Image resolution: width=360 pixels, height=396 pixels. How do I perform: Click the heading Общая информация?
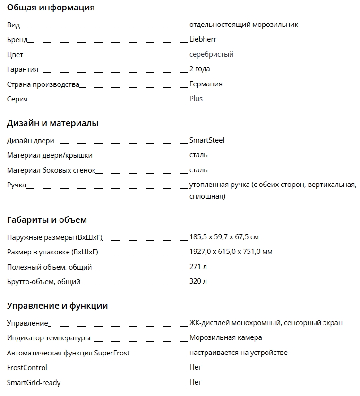point(51,8)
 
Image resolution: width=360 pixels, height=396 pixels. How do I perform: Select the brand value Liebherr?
point(203,39)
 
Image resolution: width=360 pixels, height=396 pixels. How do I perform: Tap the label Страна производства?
point(43,84)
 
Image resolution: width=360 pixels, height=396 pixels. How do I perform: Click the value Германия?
point(206,84)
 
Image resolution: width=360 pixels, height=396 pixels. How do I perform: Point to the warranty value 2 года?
point(199,69)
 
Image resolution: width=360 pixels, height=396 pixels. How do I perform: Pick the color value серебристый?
point(211,54)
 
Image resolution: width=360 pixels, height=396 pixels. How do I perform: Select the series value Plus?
point(196,99)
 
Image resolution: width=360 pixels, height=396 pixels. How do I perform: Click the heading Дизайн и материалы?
point(52,124)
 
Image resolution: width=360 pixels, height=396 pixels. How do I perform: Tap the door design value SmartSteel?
point(206,140)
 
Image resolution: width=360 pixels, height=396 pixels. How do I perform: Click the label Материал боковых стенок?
point(51,170)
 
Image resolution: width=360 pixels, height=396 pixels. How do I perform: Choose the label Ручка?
point(17,185)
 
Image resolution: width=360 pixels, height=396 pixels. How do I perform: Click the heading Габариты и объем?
point(47,220)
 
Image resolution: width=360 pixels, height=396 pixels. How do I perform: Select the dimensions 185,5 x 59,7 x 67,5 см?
point(224,237)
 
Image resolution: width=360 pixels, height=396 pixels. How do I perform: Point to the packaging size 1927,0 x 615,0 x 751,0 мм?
point(231,252)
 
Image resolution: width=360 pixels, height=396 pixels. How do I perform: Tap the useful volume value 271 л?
point(198,267)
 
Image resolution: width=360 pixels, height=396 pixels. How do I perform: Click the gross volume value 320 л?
point(198,281)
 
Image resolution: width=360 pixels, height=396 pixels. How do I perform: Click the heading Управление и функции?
point(57,306)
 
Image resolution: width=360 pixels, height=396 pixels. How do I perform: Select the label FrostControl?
point(27,368)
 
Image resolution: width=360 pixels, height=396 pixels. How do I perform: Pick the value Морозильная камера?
point(225,337)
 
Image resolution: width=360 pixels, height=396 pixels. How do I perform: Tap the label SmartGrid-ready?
point(34,383)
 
